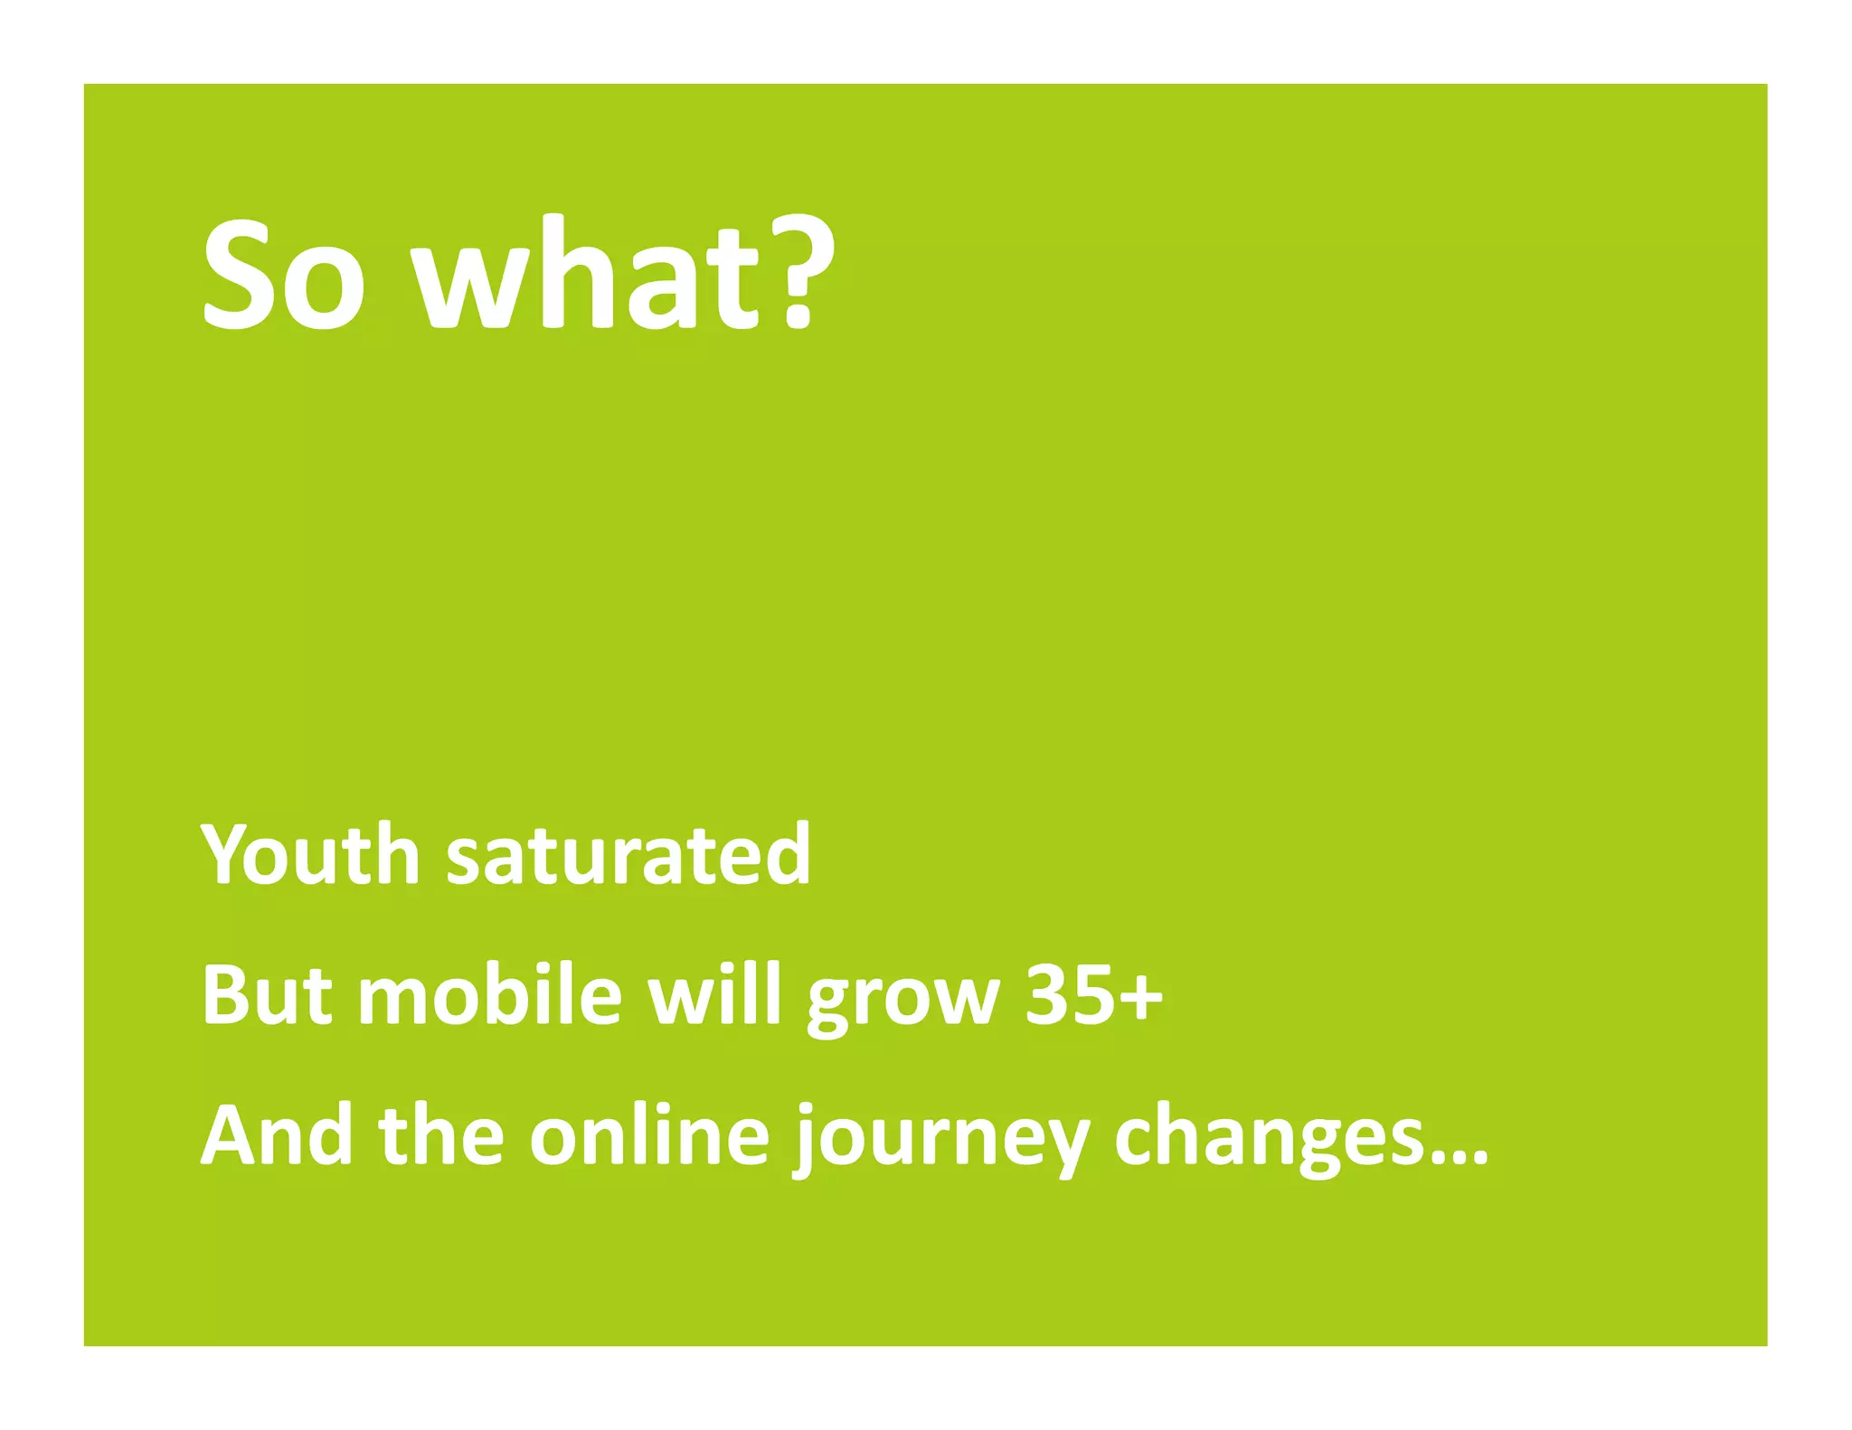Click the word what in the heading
pos(584,273)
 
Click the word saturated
pos(628,855)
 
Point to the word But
pos(268,994)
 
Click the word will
pos(715,994)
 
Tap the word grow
pos(903,1002)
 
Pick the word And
pos(276,1135)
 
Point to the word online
pos(648,1135)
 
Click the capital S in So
pos(239,275)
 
